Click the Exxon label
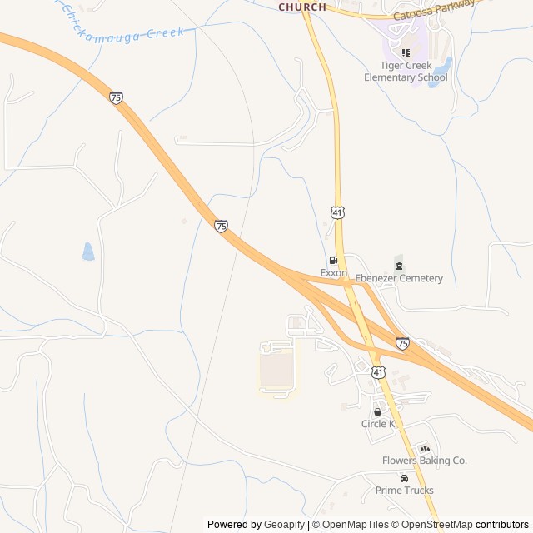(x=333, y=273)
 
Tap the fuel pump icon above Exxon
(x=333, y=262)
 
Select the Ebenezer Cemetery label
(x=399, y=278)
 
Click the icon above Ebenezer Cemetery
(x=399, y=266)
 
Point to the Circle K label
(x=378, y=424)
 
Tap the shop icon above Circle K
(x=378, y=411)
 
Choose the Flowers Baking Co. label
(x=424, y=461)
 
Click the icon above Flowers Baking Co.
(x=424, y=448)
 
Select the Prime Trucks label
(x=404, y=491)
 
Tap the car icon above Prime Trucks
(x=404, y=478)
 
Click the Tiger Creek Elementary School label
(x=406, y=72)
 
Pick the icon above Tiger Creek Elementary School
(x=406, y=52)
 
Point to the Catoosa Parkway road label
(x=434, y=10)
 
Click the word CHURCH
(x=302, y=7)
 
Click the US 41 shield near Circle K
(x=378, y=371)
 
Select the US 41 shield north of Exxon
(x=337, y=213)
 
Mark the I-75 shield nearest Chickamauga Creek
(x=116, y=97)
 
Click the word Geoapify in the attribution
(x=285, y=525)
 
